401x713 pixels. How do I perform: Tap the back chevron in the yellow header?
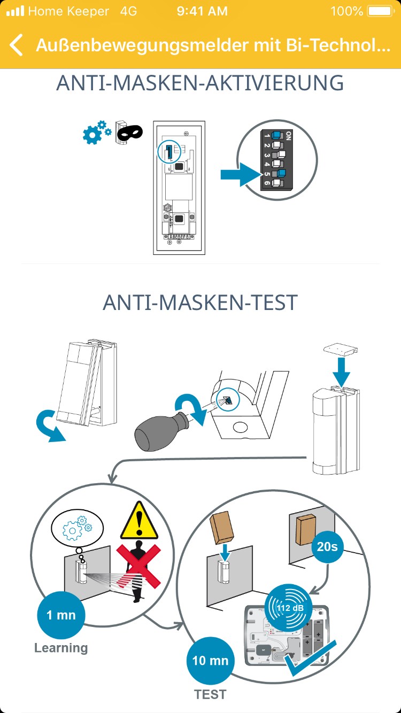coord(16,45)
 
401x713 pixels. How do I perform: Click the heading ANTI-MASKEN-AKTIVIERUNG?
coord(200,83)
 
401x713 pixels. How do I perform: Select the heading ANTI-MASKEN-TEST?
coord(200,303)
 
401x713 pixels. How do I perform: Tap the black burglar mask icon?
coord(129,132)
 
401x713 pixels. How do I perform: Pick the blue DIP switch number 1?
coord(277,135)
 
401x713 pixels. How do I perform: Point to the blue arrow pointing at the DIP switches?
coord(241,174)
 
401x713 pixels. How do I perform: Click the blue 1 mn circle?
coord(61,615)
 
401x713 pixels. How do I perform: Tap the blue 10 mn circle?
coord(210,661)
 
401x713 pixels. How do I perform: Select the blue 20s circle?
coord(327,547)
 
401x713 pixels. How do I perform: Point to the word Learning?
coord(61,648)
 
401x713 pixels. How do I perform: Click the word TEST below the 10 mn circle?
coord(210,694)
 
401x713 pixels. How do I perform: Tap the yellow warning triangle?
coord(139,521)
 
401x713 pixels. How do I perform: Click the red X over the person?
coord(138,566)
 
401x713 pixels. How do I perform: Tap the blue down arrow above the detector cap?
coord(341,372)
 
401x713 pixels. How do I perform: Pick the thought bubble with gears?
coord(78,529)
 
